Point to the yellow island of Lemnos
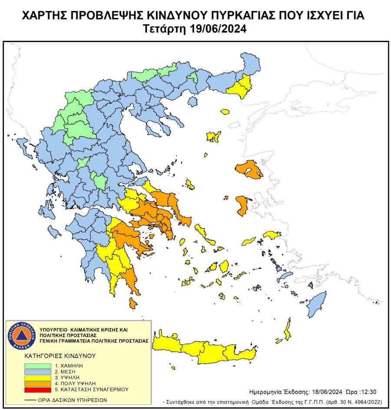click(x=213, y=137)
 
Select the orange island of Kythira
click(x=133, y=303)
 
